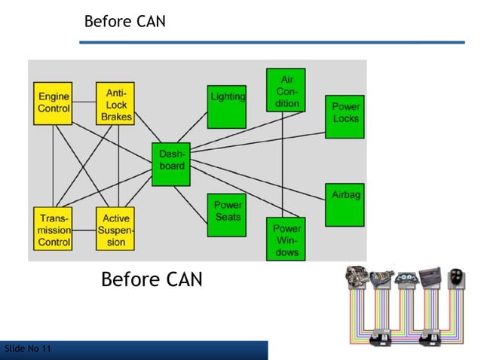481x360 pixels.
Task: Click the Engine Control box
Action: click(54, 102)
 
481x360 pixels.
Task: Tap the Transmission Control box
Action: click(54, 227)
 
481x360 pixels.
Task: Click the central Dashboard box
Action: click(170, 163)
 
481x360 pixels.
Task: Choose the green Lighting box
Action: click(227, 106)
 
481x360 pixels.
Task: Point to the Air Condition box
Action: click(286, 90)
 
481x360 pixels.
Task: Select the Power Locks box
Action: click(345, 116)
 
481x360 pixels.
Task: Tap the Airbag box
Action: click(345, 204)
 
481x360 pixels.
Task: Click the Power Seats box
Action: click(227, 214)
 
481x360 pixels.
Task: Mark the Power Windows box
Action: click(286, 239)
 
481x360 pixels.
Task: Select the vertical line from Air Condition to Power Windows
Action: click(283, 166)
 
